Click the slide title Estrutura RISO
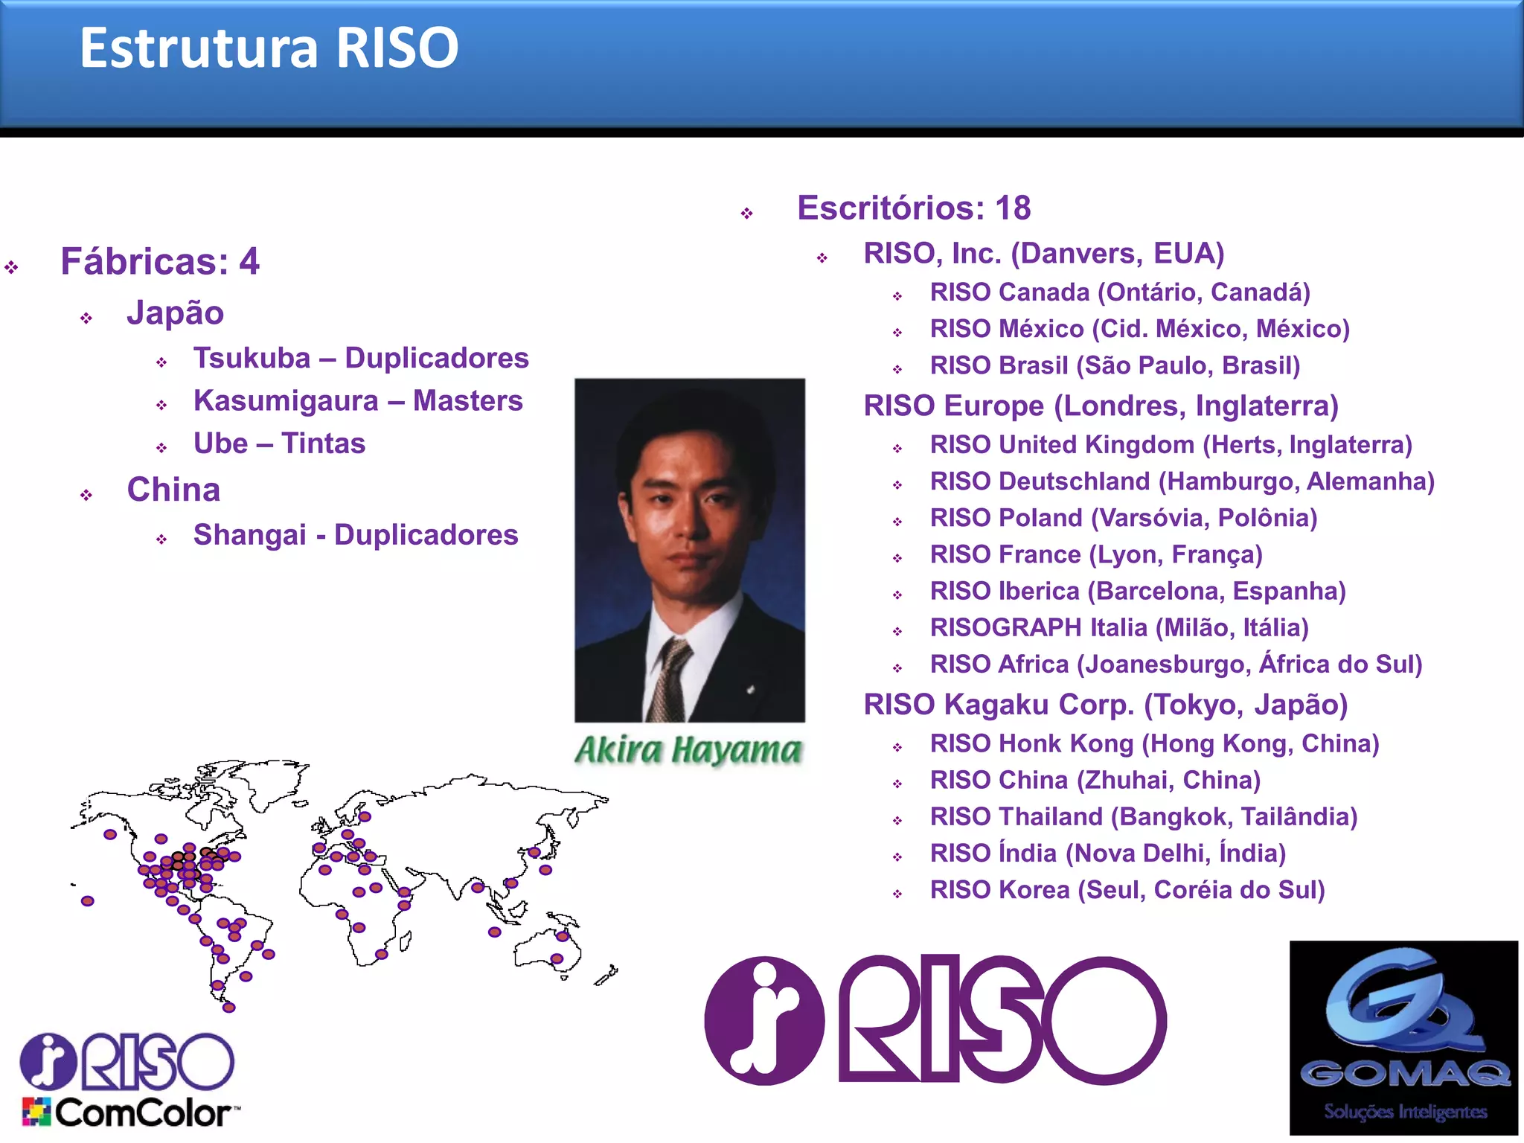click(x=269, y=48)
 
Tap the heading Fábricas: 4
click(x=160, y=262)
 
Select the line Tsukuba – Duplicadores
click(x=361, y=359)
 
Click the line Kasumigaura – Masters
click(x=358, y=401)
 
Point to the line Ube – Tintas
click(x=279, y=444)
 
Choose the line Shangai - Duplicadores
click(x=356, y=535)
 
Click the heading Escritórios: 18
click(x=914, y=208)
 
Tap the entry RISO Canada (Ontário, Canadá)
click(x=1120, y=292)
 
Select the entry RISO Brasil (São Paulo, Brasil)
click(x=1115, y=365)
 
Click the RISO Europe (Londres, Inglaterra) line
click(x=1101, y=406)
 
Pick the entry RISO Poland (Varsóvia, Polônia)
click(x=1124, y=518)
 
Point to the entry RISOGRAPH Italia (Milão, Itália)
click(x=1119, y=628)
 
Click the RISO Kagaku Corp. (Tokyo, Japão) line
click(x=1105, y=705)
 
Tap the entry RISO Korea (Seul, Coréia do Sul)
click(x=1127, y=890)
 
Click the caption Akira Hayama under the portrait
click(x=688, y=750)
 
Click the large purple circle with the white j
click(x=764, y=1020)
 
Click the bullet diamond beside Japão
click(x=86, y=318)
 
